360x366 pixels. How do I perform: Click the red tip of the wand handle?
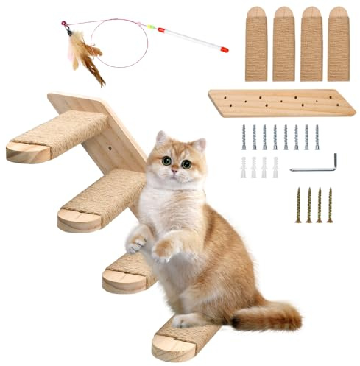224,49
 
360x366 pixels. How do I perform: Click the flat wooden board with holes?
280,103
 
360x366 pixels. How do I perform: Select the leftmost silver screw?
244,137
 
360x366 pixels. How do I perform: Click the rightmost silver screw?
317,137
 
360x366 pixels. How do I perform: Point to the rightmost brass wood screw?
330,204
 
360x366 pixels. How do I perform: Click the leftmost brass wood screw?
298,204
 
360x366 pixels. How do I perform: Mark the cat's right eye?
166,160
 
